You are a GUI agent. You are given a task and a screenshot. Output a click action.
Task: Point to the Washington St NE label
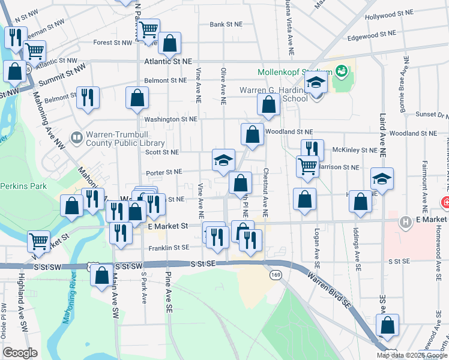click(x=170, y=119)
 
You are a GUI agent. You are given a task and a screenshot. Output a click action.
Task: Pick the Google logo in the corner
click(x=20, y=352)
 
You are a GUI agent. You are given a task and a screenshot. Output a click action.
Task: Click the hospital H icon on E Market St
click(x=406, y=223)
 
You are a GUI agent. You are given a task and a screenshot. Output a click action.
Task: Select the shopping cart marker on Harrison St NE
click(x=307, y=166)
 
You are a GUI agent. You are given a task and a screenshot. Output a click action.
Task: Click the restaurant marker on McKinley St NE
click(x=312, y=149)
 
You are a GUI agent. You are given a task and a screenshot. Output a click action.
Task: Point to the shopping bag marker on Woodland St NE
click(x=252, y=135)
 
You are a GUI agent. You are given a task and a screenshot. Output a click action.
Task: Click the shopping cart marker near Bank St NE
click(x=148, y=28)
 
